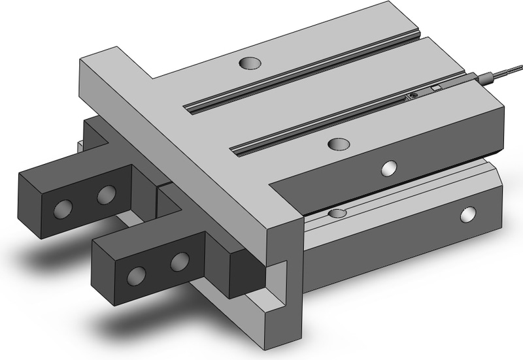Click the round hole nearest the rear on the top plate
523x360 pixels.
248,63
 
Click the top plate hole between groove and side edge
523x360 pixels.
339,143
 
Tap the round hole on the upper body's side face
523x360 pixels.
390,168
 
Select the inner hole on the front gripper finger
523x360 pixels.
178,261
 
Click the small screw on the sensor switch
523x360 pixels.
412,97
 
